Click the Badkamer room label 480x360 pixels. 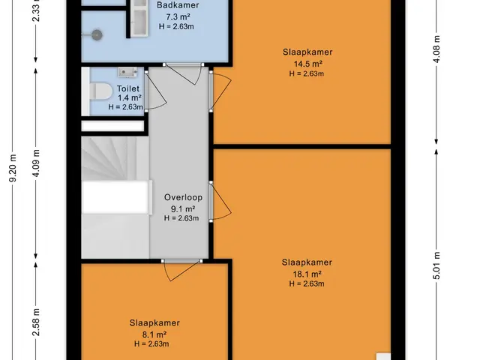click(x=178, y=5)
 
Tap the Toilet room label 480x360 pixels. click(x=128, y=88)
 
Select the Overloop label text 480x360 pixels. click(x=183, y=197)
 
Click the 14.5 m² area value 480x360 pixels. click(x=307, y=64)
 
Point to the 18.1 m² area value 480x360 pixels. click(x=307, y=274)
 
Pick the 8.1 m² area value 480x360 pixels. click(x=154, y=334)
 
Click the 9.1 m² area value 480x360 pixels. click(x=183, y=209)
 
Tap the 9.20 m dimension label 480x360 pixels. click(x=13, y=168)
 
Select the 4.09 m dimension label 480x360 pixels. click(x=36, y=163)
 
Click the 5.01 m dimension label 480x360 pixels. click(x=436, y=265)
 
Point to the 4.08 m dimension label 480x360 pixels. click(x=436, y=49)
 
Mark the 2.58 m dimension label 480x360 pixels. click(x=36, y=322)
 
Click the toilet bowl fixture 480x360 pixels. click(x=102, y=91)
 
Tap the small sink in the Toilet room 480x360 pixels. click(x=127, y=72)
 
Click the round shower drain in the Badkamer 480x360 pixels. click(x=97, y=34)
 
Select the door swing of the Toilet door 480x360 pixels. click(x=156, y=91)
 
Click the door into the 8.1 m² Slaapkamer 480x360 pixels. click(x=181, y=270)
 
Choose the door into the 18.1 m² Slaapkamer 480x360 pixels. click(x=220, y=201)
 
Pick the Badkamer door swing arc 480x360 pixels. click(x=184, y=73)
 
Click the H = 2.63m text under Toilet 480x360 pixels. click(x=125, y=107)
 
